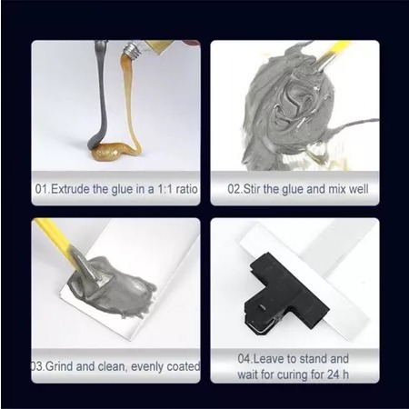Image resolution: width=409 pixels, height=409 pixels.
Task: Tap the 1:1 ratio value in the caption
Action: pos(165,189)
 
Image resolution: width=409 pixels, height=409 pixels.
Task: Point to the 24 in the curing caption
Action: pos(333,374)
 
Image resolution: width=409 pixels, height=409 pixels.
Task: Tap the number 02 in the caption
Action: pos(234,189)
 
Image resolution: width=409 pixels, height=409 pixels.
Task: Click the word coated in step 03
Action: pos(184,366)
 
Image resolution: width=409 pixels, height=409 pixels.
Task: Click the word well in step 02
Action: pos(358,189)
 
